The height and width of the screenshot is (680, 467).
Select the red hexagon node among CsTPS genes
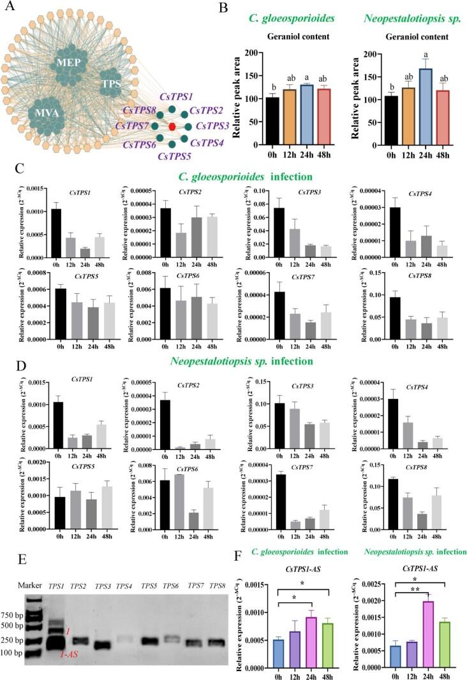point(173,126)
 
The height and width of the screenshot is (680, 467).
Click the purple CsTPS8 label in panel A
point(134,110)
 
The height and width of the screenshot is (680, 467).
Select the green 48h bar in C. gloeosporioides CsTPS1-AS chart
point(329,645)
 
